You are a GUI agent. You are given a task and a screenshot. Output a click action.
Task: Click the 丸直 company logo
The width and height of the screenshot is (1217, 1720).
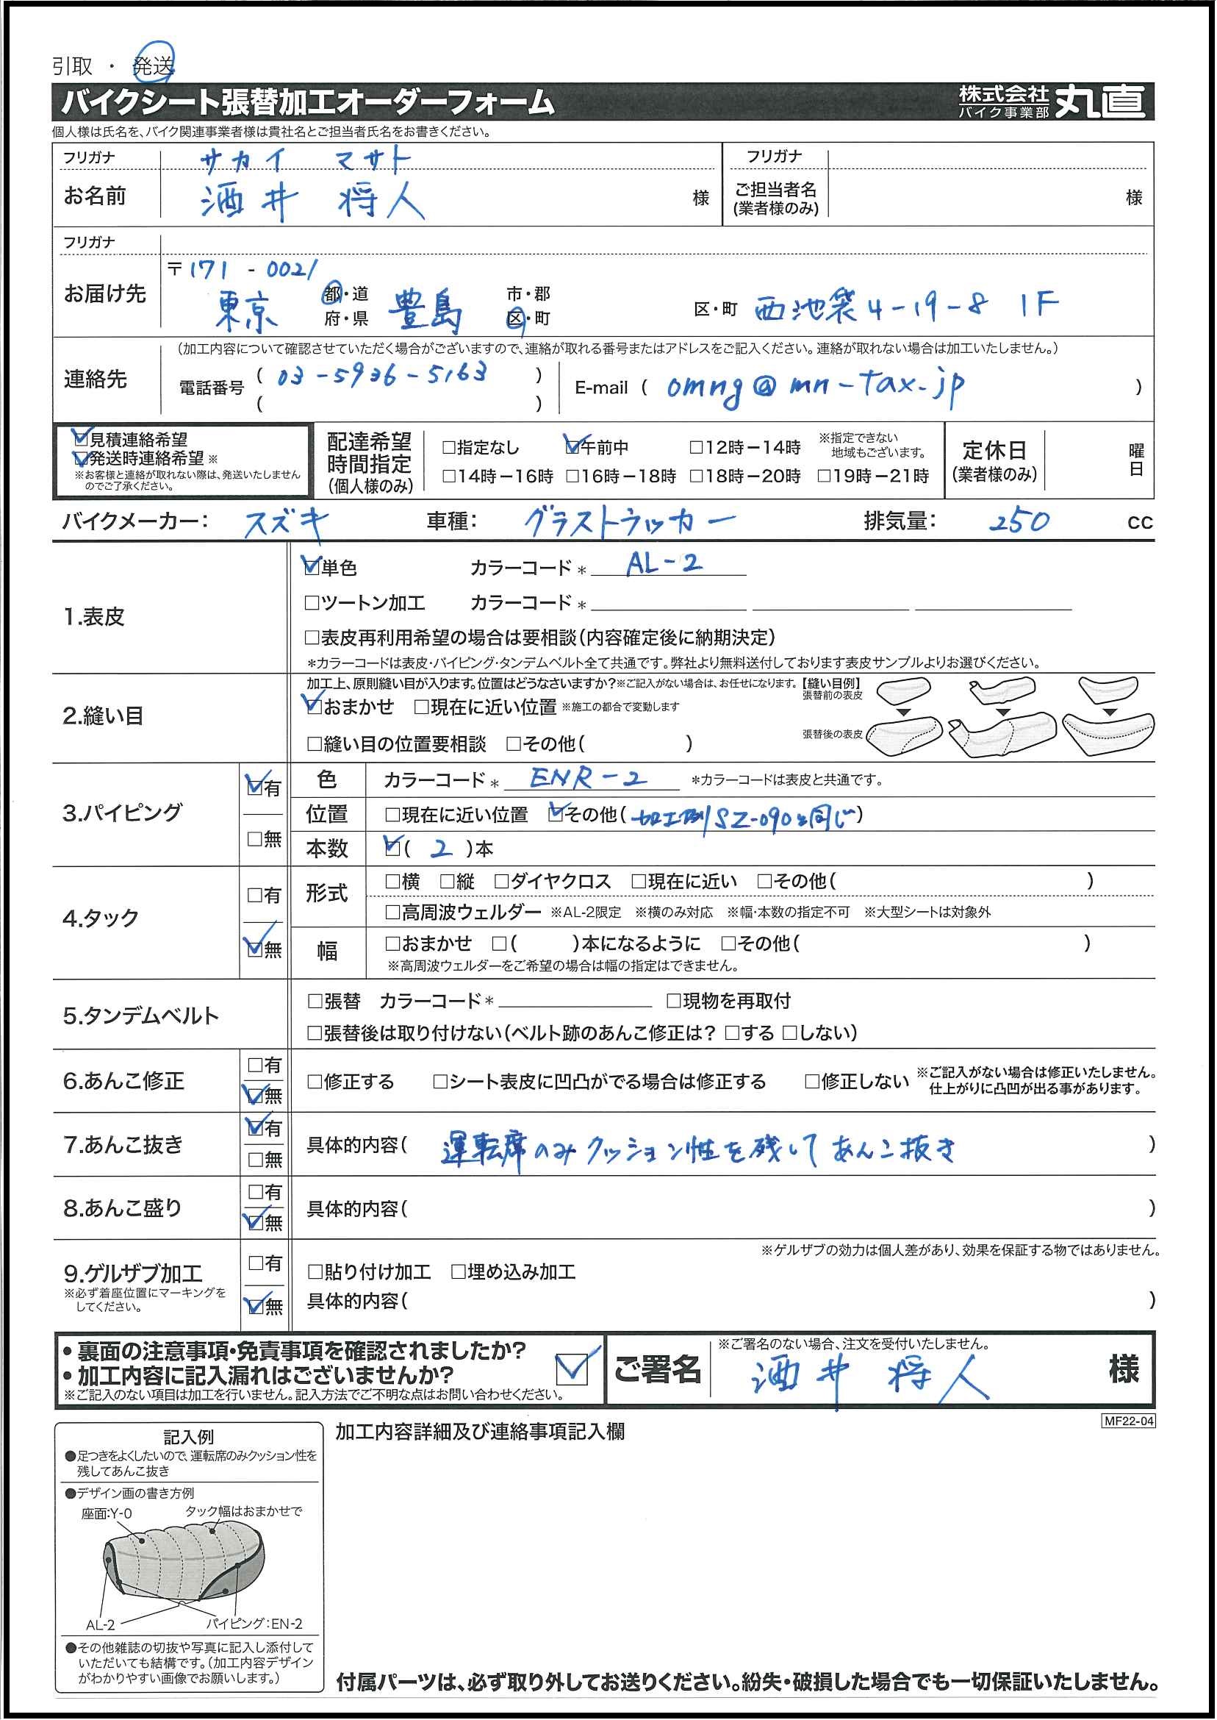[1100, 101]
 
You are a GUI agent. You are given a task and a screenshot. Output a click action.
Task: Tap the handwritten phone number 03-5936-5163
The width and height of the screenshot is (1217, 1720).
[381, 374]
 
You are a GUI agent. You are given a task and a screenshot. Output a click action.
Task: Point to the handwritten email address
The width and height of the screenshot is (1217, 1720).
[814, 386]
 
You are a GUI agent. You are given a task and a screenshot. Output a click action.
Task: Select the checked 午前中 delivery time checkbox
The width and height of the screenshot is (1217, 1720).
[572, 448]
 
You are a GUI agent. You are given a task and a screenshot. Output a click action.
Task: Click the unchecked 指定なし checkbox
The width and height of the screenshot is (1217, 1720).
[449, 448]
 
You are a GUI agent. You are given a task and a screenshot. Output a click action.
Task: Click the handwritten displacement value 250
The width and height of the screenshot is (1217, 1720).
[1019, 521]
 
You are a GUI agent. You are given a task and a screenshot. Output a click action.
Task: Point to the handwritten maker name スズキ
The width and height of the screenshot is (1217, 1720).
[287, 522]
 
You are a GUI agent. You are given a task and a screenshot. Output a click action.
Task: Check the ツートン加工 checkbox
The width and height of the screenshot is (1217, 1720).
[312, 603]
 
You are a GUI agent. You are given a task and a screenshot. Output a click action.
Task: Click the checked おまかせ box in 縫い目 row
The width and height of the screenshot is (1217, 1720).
[314, 706]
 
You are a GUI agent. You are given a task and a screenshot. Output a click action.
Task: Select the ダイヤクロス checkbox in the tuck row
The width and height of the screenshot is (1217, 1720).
[502, 881]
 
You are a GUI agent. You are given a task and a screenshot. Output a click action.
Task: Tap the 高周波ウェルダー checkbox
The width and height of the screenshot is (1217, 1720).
[392, 912]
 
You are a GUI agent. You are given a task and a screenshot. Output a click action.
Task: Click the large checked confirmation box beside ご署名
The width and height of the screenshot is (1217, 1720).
[573, 1370]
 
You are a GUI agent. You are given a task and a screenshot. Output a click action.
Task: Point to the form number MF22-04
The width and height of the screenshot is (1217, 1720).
[1128, 1421]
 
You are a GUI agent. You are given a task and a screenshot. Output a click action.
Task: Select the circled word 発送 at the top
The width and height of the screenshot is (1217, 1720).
[154, 66]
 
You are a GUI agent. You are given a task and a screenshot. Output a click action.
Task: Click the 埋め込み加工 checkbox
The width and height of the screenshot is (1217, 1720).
[459, 1271]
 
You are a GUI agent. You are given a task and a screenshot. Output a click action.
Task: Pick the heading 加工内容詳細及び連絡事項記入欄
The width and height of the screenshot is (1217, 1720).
[480, 1431]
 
